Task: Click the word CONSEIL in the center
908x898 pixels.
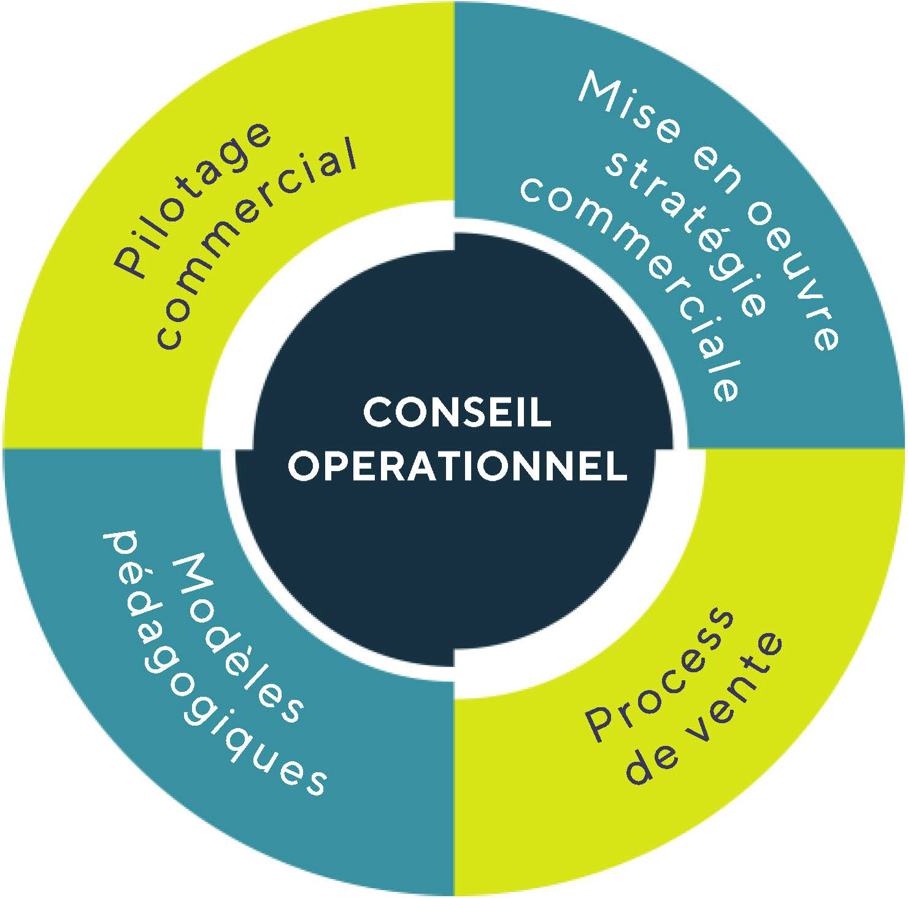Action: [457, 412]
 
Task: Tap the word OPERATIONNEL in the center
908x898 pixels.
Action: [458, 466]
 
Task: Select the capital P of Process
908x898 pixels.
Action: [602, 724]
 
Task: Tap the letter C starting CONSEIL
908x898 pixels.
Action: [376, 412]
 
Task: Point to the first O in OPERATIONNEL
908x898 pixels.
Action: [303, 466]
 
